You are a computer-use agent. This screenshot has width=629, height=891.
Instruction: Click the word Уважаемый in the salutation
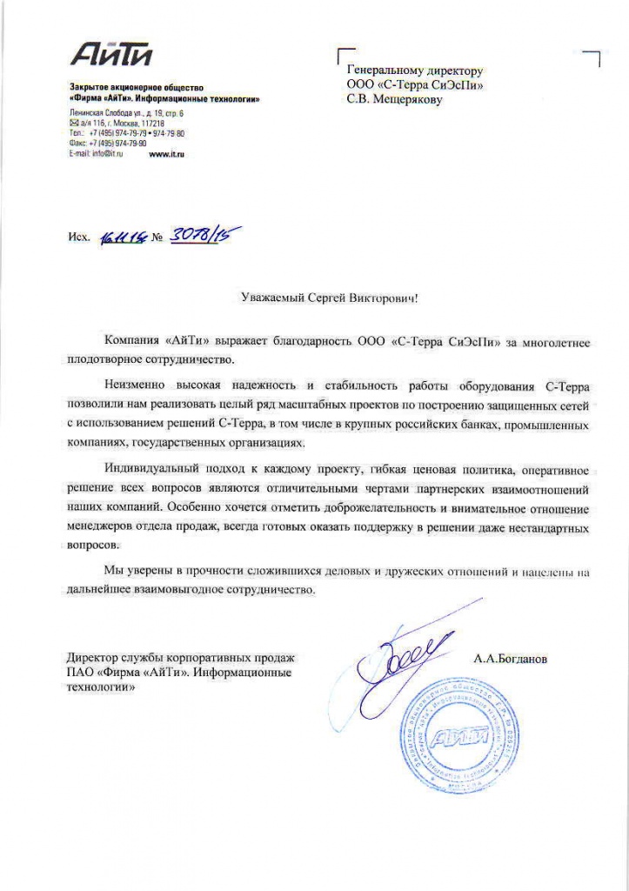pos(271,298)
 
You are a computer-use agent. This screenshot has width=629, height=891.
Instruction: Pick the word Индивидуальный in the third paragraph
pos(148,469)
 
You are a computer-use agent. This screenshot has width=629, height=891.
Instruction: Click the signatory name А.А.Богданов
pos(511,659)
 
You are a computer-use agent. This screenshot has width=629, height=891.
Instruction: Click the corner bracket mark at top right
pos(595,57)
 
